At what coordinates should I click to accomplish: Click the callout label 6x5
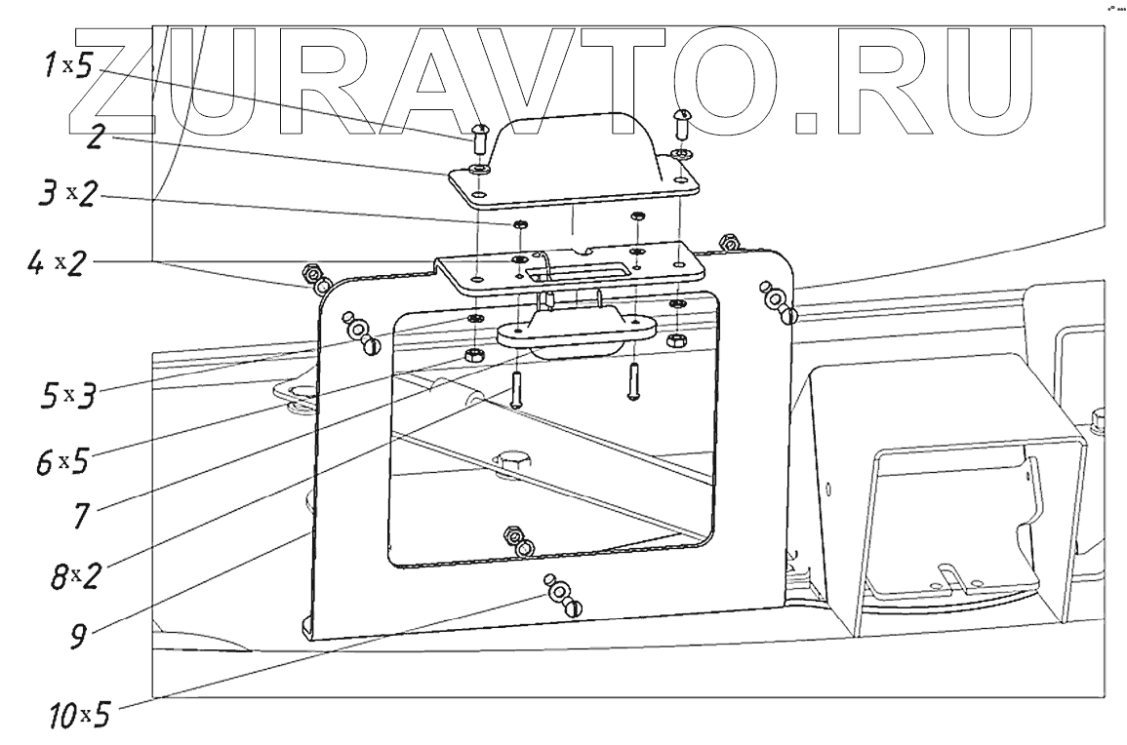tap(63, 460)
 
